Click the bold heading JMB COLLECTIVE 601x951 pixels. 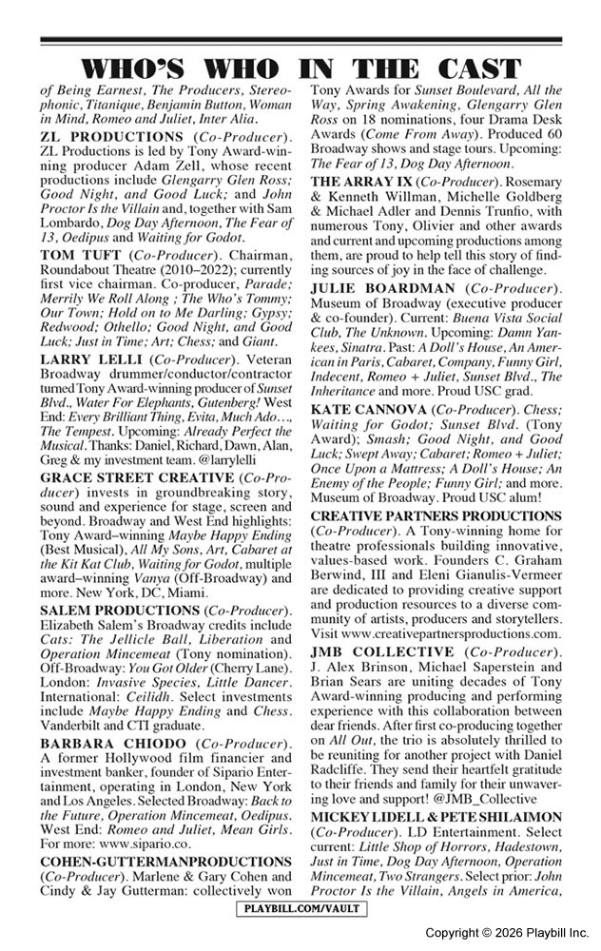tap(383, 652)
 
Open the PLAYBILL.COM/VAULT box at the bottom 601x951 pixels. tap(300, 910)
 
